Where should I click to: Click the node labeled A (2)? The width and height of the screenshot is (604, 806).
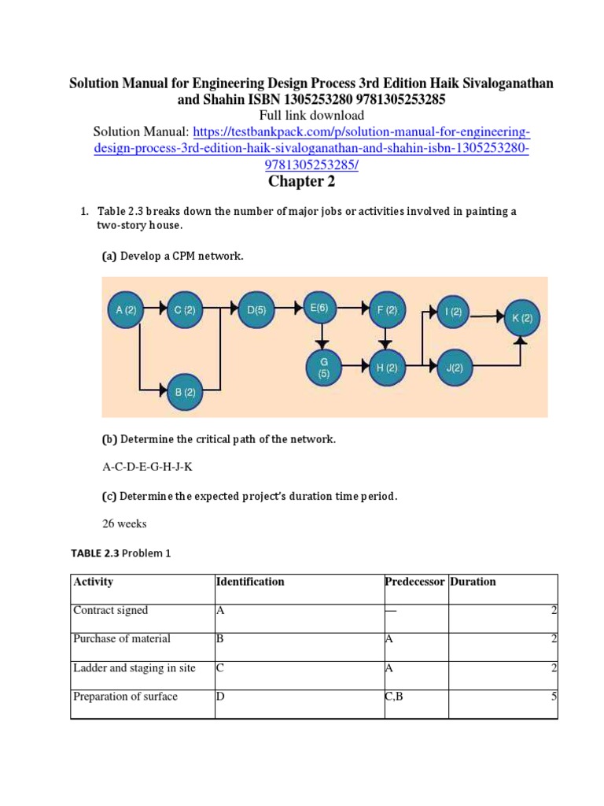(x=126, y=310)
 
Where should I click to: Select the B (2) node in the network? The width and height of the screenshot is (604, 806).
(x=185, y=391)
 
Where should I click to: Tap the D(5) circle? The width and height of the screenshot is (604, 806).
(x=256, y=310)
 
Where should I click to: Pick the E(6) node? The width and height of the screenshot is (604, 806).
(x=319, y=309)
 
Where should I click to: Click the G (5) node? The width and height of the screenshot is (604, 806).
(x=323, y=368)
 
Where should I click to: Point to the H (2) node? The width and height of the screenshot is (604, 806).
(x=386, y=368)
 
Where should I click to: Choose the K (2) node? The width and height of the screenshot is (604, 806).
(x=522, y=319)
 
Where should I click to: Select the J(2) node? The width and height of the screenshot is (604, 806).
(x=454, y=368)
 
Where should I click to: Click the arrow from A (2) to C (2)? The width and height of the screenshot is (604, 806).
(x=156, y=310)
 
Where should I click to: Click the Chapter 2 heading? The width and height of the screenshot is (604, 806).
(x=302, y=182)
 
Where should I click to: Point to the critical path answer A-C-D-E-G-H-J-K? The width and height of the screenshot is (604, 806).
(x=147, y=467)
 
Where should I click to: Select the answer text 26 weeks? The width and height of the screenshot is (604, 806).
(x=124, y=523)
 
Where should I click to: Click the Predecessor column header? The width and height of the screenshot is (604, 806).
(x=414, y=582)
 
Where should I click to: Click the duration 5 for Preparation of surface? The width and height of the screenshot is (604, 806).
(x=554, y=697)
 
